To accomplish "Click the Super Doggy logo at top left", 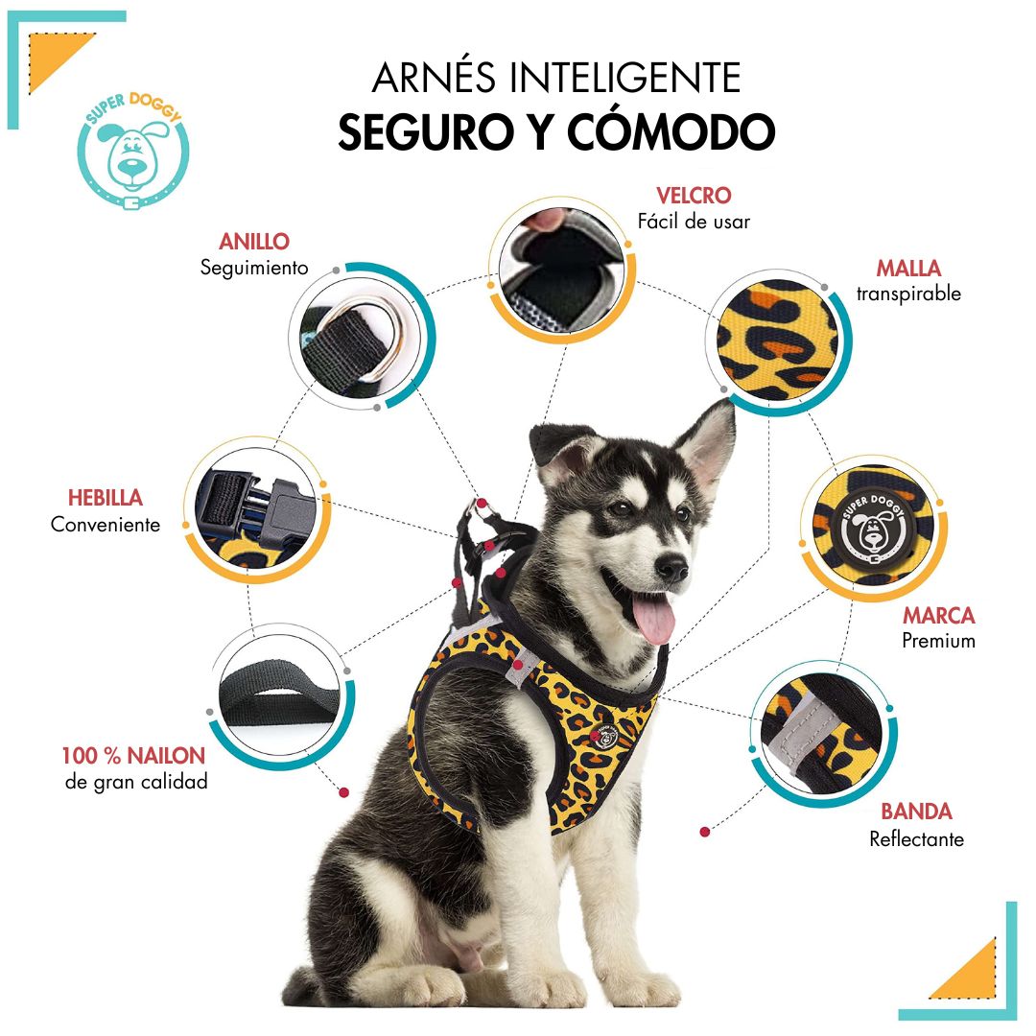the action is tap(133, 152).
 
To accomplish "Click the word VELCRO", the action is tap(694, 196).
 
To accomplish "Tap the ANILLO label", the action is tap(253, 241).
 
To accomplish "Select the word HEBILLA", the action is tap(106, 498).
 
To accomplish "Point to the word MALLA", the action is tap(908, 268).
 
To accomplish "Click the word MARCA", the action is tap(938, 615).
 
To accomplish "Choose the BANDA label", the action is tap(916, 812).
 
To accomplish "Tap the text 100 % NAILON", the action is tap(133, 755).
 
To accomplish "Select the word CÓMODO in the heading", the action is tap(671, 131).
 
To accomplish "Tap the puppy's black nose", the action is tap(671, 567).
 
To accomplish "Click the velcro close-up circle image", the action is tap(561, 270).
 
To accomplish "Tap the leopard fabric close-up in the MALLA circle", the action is tap(778, 340).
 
